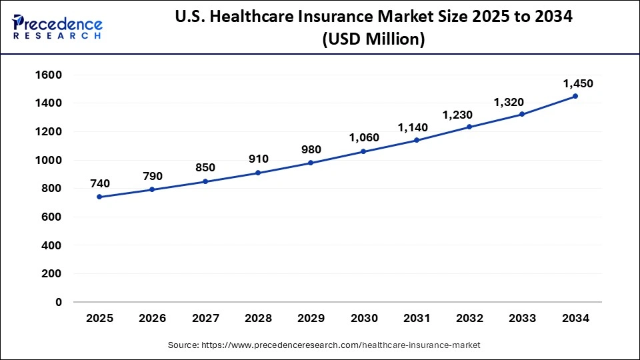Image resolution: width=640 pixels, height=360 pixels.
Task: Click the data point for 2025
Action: pos(99,197)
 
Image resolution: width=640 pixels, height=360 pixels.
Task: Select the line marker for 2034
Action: pos(575,96)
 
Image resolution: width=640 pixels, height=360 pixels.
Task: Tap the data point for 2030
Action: pos(364,151)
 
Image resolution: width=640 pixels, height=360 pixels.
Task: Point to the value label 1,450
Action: pos(578,83)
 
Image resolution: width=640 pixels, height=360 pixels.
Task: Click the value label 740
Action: pos(99,183)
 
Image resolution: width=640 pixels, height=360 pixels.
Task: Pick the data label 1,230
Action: pos(457,115)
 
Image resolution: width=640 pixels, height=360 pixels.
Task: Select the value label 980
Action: pos(311,149)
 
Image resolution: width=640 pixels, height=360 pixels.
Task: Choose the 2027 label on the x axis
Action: pos(205,319)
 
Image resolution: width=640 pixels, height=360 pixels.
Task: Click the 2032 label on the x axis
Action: pos(470,319)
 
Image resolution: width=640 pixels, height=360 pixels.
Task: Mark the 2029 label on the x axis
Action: pos(311,319)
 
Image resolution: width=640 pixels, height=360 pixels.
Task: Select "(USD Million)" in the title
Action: pos(373,40)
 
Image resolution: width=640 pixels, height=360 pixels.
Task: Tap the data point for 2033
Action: pos(522,114)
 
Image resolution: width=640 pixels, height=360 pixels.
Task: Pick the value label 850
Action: pos(205,168)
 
